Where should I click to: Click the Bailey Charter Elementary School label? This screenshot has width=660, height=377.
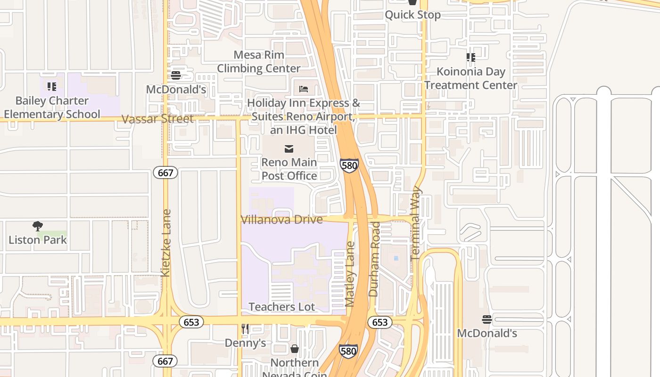click(52, 107)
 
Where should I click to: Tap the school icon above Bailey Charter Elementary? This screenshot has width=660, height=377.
click(52, 87)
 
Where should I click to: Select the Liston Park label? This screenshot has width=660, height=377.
click(38, 240)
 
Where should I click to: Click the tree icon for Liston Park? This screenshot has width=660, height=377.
click(38, 226)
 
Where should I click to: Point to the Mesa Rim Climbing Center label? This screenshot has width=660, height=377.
click(259, 62)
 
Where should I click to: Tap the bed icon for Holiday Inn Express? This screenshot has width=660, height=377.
click(304, 89)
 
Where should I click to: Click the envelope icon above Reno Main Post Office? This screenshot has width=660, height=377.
click(289, 149)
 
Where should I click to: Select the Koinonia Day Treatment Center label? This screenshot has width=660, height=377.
click(470, 78)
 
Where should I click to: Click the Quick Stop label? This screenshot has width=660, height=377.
click(412, 15)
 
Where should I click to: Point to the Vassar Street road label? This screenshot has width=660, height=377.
click(157, 119)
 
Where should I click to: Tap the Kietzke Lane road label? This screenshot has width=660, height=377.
click(165, 243)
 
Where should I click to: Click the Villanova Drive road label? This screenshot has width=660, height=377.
click(281, 220)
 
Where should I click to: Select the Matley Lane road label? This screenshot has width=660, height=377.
click(350, 274)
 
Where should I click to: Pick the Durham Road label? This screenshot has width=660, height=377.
click(374, 259)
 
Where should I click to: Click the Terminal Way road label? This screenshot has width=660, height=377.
click(415, 223)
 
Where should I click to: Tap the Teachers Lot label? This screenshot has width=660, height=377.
click(281, 307)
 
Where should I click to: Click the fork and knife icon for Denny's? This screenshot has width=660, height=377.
click(245, 329)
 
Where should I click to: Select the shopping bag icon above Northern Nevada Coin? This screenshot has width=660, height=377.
click(295, 349)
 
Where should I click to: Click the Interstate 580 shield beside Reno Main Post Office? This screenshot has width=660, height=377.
click(349, 165)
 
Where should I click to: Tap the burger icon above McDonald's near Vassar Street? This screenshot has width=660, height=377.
click(176, 75)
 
